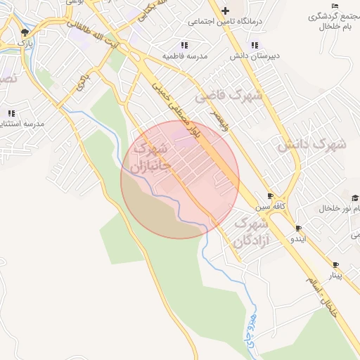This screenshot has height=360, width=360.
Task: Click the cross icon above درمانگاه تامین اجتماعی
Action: [x=225, y=11]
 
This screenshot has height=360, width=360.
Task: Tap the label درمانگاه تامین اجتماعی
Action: [x=225, y=22]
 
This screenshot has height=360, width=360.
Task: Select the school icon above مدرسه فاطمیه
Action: [x=195, y=44]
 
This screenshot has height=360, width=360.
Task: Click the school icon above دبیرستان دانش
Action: [x=235, y=45]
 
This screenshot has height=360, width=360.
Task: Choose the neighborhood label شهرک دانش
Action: [x=311, y=145]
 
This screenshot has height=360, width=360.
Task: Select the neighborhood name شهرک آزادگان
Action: [x=251, y=233]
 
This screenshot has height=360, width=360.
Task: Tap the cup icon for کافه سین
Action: [x=271, y=196]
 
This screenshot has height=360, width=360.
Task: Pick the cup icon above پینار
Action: [x=336, y=265]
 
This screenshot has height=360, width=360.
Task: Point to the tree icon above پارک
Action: [x=25, y=32]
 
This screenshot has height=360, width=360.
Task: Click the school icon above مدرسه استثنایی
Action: [x=11, y=112]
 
